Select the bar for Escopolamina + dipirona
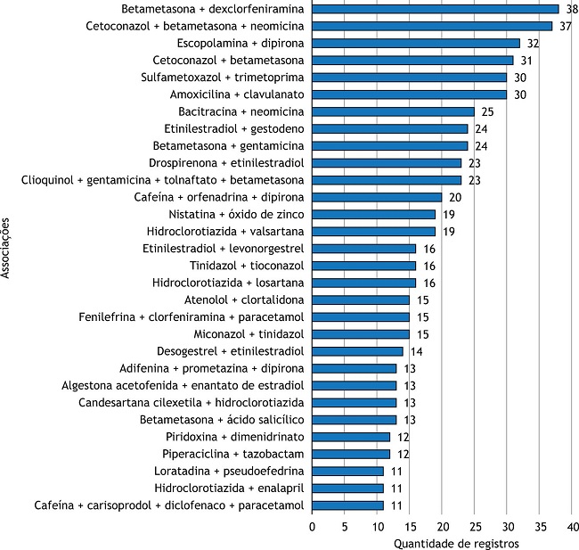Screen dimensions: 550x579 pos(415,43)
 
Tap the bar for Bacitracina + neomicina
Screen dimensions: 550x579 pos(393,111)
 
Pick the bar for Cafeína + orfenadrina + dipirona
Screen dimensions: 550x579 pos(377,197)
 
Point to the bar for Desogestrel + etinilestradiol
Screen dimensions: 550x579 pos(357,351)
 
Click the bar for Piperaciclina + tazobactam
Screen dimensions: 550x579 pos(351,454)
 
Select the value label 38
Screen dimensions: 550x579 pos(573,9)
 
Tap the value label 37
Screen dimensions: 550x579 pos(566,26)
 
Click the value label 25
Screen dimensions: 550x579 pos(488,111)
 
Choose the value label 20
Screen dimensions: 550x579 pos(456,197)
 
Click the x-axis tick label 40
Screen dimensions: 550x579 pos(572,527)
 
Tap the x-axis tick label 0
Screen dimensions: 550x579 pos(313,527)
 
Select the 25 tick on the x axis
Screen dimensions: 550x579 pos(474,527)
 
